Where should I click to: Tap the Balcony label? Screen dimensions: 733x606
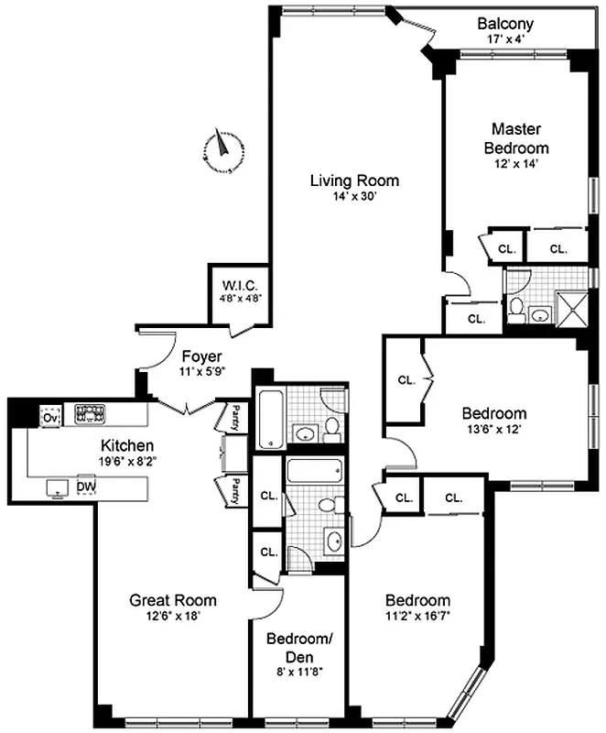tap(505, 24)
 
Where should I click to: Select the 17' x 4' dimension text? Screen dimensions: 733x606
tap(505, 39)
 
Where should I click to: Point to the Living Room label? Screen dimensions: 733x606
tap(353, 181)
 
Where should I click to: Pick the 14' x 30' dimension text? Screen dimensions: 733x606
tap(353, 195)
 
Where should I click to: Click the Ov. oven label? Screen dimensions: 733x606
tap(49, 418)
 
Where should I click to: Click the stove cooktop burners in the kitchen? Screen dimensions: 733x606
tap(92, 414)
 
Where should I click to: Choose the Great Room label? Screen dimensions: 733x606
tap(173, 600)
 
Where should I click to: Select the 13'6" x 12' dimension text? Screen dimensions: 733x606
tap(492, 428)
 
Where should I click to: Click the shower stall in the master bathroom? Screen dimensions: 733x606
tap(569, 311)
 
